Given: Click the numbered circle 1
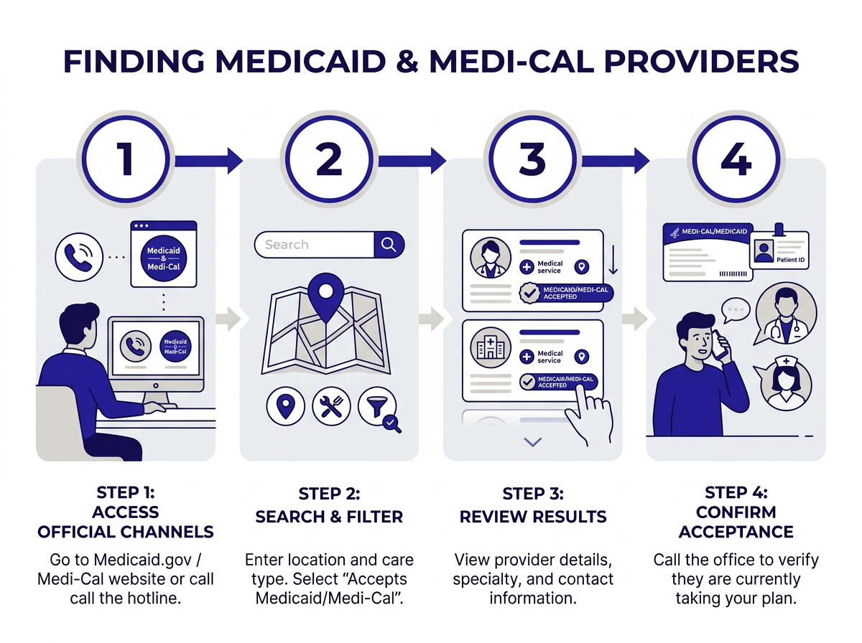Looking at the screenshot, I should click(x=126, y=159).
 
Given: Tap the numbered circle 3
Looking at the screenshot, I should click(x=532, y=159).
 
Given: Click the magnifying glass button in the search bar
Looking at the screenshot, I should click(x=389, y=245).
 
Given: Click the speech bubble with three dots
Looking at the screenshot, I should click(x=734, y=311).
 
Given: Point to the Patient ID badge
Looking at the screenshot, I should click(x=779, y=249).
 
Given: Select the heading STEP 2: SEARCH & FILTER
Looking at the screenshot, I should click(x=329, y=505).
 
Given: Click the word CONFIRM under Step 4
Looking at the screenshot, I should click(x=736, y=512).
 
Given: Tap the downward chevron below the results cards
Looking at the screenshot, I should click(x=532, y=442).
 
